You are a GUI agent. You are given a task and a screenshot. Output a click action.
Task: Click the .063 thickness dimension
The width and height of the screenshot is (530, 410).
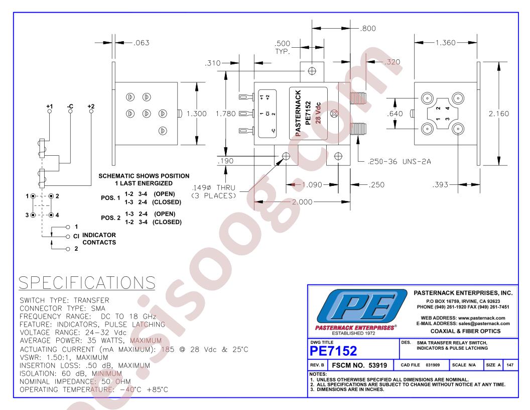[x=142, y=43]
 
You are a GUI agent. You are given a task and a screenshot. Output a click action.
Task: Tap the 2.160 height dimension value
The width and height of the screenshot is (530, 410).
[x=499, y=114]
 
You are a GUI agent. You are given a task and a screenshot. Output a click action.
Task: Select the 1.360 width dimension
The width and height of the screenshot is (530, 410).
[x=446, y=43]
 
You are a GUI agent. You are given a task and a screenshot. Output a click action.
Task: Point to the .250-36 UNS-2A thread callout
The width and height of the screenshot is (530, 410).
[x=400, y=162]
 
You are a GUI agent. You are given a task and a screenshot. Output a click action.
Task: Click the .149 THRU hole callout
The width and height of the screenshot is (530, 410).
[x=214, y=191]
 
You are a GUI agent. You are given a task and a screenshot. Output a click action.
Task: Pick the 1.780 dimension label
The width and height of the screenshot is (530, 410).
[x=226, y=114]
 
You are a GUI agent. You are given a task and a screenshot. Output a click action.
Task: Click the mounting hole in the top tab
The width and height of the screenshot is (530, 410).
[x=312, y=71]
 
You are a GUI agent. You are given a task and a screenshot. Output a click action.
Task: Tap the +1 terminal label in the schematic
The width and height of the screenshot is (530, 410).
[x=50, y=106]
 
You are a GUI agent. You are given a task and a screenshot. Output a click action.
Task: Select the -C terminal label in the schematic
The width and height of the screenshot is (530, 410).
[x=70, y=106]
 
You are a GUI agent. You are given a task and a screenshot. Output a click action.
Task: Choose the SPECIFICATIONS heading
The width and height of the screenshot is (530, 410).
[x=87, y=282]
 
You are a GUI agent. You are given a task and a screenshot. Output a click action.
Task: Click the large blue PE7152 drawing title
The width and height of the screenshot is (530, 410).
[x=333, y=351]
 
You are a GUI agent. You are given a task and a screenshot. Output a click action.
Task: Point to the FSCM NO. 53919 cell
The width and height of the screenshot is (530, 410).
[x=359, y=365]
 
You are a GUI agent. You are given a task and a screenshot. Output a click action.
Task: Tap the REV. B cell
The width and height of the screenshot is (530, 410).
[x=317, y=365]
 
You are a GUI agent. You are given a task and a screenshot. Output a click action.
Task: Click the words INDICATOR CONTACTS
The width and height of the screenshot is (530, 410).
[x=99, y=239]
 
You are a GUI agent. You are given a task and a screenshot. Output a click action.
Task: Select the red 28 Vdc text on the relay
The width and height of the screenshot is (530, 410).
[x=318, y=113]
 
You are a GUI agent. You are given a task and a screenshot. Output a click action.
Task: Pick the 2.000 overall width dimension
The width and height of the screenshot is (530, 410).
[x=302, y=202]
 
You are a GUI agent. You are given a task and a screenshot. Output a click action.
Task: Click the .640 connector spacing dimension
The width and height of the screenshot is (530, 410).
[x=395, y=114]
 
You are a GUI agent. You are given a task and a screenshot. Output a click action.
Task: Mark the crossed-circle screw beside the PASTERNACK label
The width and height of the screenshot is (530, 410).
[x=334, y=114]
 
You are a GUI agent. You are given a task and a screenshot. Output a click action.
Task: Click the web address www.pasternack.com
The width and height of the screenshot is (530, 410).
[x=482, y=318]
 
